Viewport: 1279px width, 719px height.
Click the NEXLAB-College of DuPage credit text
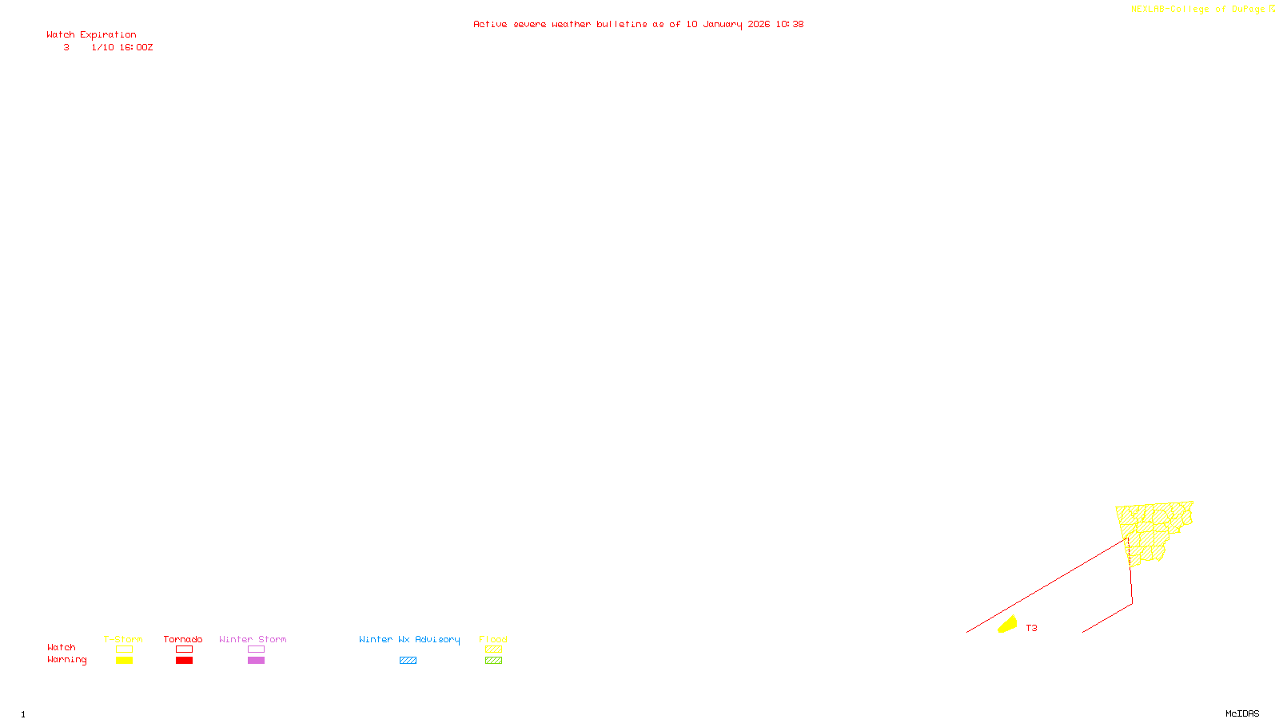coord(1198,10)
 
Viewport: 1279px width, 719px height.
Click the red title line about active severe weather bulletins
coord(638,24)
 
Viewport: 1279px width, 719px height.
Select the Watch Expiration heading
coord(91,35)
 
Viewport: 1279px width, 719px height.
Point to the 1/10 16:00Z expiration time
coord(122,48)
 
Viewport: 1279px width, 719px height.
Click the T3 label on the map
coord(1031,628)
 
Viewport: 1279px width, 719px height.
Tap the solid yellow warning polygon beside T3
coord(1008,624)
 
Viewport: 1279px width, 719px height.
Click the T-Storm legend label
coord(123,639)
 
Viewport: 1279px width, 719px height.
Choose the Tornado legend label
coord(183,639)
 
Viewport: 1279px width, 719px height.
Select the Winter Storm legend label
coord(253,639)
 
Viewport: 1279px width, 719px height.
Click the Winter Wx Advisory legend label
coord(409,639)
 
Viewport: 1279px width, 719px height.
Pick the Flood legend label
coord(493,639)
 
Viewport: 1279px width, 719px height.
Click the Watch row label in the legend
coord(62,647)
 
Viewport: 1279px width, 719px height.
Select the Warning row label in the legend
coord(66,660)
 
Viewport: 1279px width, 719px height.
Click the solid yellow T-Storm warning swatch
coord(124,661)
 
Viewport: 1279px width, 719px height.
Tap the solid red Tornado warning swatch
coord(184,661)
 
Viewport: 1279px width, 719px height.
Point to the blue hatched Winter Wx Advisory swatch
coord(408,661)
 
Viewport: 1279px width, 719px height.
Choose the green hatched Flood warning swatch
coord(493,661)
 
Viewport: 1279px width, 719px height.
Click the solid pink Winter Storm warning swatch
coord(256,661)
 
